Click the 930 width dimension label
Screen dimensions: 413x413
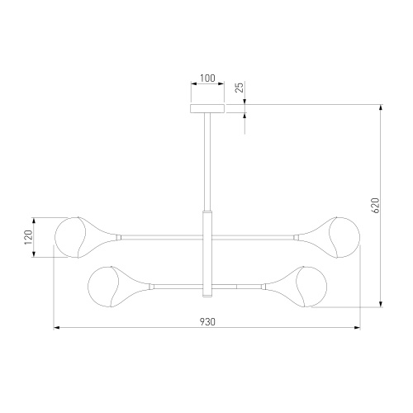[207, 321]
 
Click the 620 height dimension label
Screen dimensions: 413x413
[375, 206]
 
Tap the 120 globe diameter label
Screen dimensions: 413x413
[28, 237]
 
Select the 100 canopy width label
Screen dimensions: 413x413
[207, 78]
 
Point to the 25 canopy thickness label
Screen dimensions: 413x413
[240, 88]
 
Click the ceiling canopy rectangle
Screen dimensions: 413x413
[207, 108]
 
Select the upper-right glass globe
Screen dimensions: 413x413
[344, 237]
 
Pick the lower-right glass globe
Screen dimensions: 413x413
[311, 287]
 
